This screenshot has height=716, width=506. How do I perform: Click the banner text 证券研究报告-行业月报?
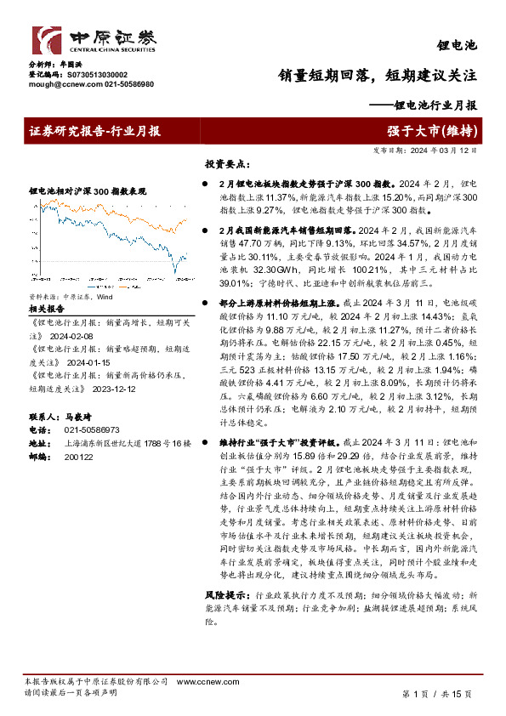[95, 131]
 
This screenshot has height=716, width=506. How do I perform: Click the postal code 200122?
[79, 457]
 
